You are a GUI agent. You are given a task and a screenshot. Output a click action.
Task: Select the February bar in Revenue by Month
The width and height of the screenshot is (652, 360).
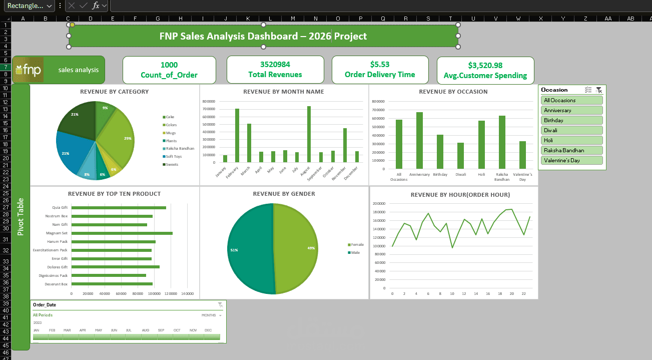click(237, 135)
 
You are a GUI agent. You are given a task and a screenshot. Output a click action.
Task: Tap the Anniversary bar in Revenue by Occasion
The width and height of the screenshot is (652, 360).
click(419, 140)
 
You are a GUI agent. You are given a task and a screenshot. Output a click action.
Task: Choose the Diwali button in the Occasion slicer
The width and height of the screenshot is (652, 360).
click(572, 130)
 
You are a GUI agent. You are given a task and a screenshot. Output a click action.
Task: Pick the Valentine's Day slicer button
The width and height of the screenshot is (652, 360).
click(572, 160)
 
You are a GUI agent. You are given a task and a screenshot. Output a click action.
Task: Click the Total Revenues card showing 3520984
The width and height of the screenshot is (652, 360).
click(275, 70)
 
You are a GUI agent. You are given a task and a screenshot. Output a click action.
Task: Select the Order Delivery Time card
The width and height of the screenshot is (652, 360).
click(380, 70)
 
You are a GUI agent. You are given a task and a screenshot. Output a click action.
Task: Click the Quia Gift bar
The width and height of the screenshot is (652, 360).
click(119, 208)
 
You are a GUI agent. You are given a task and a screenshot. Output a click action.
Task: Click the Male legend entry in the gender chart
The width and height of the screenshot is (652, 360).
click(355, 252)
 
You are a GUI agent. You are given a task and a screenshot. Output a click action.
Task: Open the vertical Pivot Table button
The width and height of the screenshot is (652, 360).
click(21, 216)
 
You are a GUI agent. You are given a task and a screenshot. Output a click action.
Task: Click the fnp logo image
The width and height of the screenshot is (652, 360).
click(28, 70)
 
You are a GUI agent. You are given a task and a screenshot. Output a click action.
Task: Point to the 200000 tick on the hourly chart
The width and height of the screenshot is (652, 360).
click(378, 204)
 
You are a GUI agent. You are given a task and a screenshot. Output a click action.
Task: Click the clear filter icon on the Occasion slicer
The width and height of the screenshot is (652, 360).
click(599, 90)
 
